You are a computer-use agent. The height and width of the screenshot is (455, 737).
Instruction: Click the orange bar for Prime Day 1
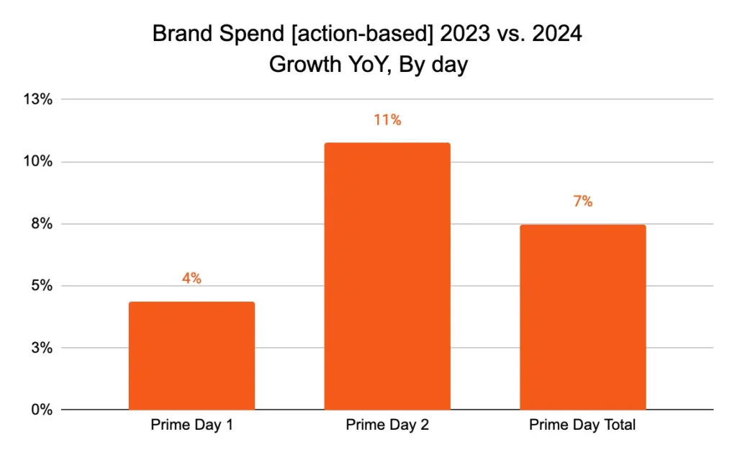pyautogui.click(x=191, y=356)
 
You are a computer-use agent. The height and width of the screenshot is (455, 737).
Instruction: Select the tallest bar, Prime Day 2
pyautogui.click(x=387, y=276)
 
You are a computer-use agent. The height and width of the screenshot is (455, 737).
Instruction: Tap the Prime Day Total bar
pyautogui.click(x=583, y=317)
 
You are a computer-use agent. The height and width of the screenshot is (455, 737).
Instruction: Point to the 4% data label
pyautogui.click(x=191, y=279)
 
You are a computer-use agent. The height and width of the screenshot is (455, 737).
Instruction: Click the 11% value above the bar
pyautogui.click(x=387, y=120)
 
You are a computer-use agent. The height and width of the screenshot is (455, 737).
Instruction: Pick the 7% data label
pyautogui.click(x=583, y=202)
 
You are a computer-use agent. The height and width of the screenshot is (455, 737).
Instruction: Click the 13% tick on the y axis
pyautogui.click(x=38, y=99)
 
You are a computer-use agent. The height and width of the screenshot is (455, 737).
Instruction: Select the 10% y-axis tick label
pyautogui.click(x=38, y=161)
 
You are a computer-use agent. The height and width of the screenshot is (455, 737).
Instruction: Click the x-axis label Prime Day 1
pyautogui.click(x=191, y=425)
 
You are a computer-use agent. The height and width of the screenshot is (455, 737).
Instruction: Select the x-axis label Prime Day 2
pyautogui.click(x=387, y=425)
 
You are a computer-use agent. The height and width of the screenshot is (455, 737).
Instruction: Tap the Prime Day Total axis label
pyautogui.click(x=582, y=425)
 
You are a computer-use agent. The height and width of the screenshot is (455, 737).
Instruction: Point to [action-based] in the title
pyautogui.click(x=327, y=35)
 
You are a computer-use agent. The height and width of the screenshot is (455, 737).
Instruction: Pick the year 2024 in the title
pyautogui.click(x=552, y=35)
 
